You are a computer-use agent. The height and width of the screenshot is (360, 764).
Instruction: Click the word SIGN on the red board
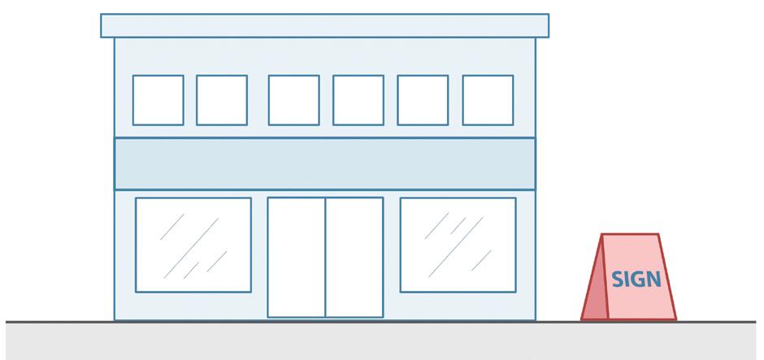(x=636, y=279)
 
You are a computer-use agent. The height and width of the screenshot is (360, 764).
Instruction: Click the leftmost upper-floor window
(x=158, y=100)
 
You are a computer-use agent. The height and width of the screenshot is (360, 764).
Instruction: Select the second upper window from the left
(x=222, y=100)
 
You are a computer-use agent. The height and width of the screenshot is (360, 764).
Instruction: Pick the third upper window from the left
(x=293, y=100)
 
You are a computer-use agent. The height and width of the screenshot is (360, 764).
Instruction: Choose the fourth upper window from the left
(x=358, y=100)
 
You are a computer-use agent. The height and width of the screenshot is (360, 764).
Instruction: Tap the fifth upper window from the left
(x=423, y=100)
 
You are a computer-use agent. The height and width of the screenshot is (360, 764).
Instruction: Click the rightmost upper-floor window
(x=488, y=100)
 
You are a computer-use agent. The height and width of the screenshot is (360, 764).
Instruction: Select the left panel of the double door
(x=297, y=257)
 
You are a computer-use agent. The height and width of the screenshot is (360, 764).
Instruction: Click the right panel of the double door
(x=354, y=257)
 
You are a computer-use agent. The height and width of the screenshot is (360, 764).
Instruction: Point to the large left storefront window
(x=193, y=245)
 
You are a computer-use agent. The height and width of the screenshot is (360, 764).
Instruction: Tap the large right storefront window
(x=458, y=245)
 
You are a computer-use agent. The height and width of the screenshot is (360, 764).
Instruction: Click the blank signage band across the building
(x=324, y=163)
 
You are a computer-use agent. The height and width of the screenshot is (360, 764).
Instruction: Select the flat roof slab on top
(x=324, y=25)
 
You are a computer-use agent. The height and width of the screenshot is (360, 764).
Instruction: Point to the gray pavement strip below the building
(x=382, y=341)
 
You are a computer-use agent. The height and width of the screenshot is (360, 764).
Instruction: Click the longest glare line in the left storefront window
(x=195, y=244)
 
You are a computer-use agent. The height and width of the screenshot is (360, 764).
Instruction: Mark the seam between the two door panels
(x=326, y=257)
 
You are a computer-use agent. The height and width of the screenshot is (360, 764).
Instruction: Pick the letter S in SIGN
(x=617, y=279)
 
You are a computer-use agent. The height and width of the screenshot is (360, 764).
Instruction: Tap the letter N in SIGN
(x=653, y=279)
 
